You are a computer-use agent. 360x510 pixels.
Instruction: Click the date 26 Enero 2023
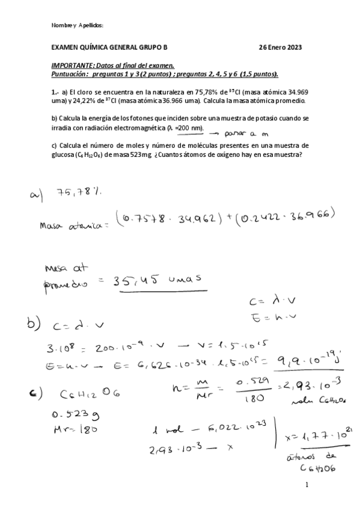click(280, 47)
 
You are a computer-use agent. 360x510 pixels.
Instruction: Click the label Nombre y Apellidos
click(78, 25)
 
